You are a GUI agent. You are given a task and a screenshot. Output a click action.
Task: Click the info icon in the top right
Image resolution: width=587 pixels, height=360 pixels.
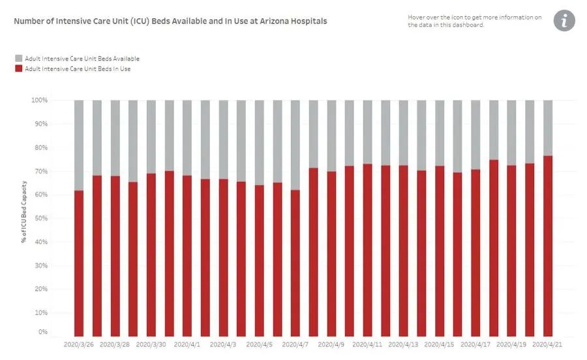(x=564, y=21)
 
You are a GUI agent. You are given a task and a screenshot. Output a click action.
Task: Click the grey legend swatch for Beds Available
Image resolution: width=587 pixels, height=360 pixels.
(x=19, y=59)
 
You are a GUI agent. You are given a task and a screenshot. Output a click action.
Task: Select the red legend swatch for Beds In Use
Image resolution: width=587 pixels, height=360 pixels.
(x=19, y=68)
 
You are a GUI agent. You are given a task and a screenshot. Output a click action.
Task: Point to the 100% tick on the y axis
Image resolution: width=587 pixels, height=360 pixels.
(x=39, y=100)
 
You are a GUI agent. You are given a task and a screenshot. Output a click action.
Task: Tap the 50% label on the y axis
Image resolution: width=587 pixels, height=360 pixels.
(x=40, y=219)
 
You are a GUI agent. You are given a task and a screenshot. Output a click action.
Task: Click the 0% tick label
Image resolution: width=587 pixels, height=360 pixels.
(x=42, y=332)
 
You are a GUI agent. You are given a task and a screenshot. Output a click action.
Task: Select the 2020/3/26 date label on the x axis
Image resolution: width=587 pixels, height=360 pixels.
(x=79, y=344)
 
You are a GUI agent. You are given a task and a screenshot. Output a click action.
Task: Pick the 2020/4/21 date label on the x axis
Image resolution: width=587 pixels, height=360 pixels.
(x=548, y=344)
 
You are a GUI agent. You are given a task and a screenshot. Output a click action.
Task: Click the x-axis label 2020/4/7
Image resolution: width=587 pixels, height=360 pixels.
(x=296, y=344)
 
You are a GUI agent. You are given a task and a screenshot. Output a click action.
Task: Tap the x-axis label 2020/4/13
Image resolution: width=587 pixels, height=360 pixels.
(x=404, y=344)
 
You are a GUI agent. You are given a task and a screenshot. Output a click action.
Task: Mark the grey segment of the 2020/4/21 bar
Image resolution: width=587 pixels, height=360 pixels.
(x=548, y=128)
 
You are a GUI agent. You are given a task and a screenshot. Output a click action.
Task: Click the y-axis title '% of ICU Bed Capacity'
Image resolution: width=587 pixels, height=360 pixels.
(x=24, y=212)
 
